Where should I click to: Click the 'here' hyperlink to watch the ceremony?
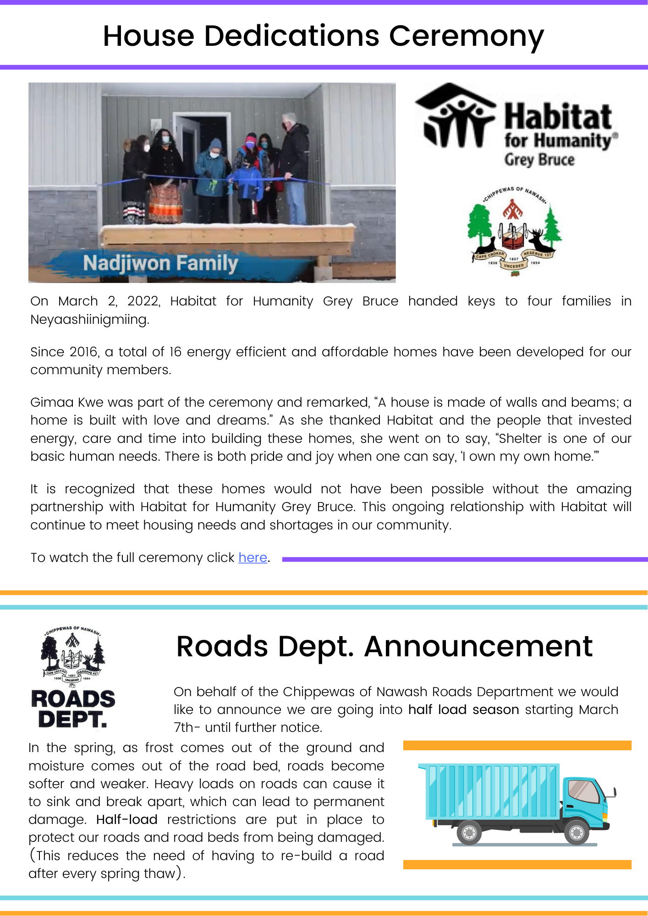pos(253,557)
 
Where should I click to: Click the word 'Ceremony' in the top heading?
pos(466,37)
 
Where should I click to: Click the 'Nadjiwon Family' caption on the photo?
pos(160,263)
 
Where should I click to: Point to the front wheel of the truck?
pos(576,832)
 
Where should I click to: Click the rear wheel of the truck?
pos(469,832)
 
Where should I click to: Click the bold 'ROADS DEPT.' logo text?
pos(73,709)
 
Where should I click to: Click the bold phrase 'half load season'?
pos(463,709)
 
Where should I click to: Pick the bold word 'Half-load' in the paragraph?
pos(127,819)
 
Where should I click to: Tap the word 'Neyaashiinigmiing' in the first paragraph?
pos(89,319)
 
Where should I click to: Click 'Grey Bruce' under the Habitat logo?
pos(539,160)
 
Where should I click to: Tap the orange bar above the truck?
pos(517,746)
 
